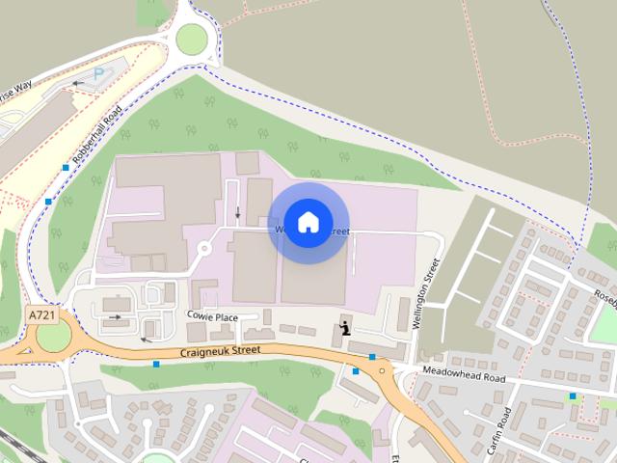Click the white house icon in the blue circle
pos(308,223)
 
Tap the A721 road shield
pos(40,315)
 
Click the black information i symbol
pos(345,329)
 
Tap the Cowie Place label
pos(213,317)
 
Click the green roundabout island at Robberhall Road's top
pos(191,40)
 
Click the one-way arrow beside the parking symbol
pos(77,84)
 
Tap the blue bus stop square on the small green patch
pos(572,395)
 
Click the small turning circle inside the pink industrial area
pos(203,249)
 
